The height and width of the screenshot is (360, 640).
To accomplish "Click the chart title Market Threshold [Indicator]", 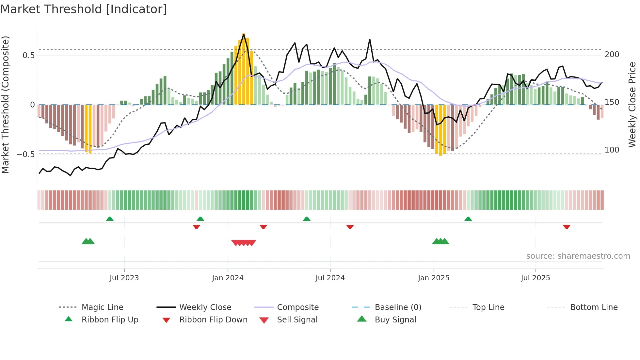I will [84, 9].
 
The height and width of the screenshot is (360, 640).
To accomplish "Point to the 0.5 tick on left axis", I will [29, 55].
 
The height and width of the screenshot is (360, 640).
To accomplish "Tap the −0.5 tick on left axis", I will [26, 154].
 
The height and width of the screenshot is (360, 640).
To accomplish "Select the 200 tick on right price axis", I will [612, 55].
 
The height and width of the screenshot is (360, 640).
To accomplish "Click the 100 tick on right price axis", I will [612, 150].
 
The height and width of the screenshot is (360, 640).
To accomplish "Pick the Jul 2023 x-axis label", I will [124, 278].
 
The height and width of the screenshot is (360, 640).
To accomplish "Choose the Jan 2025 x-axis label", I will [434, 278].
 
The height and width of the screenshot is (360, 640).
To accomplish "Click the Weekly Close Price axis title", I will [632, 105].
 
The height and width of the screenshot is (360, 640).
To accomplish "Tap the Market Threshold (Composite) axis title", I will [5, 105].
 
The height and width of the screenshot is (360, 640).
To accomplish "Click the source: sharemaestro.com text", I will [578, 256].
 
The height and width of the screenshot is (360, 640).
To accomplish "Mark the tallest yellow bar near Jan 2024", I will [244, 69].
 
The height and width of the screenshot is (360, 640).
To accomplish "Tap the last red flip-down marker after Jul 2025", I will [567, 227].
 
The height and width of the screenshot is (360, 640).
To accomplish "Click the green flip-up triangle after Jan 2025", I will [468, 219].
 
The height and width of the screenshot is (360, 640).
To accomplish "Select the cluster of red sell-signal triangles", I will [244, 243].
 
